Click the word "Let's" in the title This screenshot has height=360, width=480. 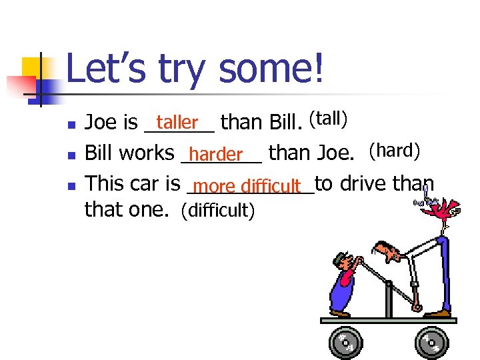107,70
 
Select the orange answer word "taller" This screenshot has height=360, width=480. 177,122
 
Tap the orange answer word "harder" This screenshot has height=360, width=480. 220,155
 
